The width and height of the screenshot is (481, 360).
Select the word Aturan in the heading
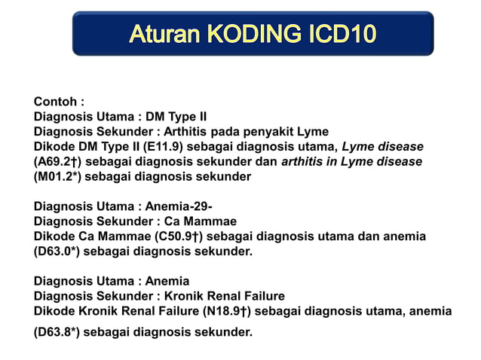pyautogui.click(x=165, y=34)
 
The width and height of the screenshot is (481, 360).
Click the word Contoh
pyautogui.click(x=57, y=102)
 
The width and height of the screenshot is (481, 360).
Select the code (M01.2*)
pyautogui.click(x=58, y=175)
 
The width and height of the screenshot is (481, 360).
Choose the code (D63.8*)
pyautogui.click(x=57, y=331)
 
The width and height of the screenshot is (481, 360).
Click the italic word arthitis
pyautogui.click(x=305, y=161)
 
